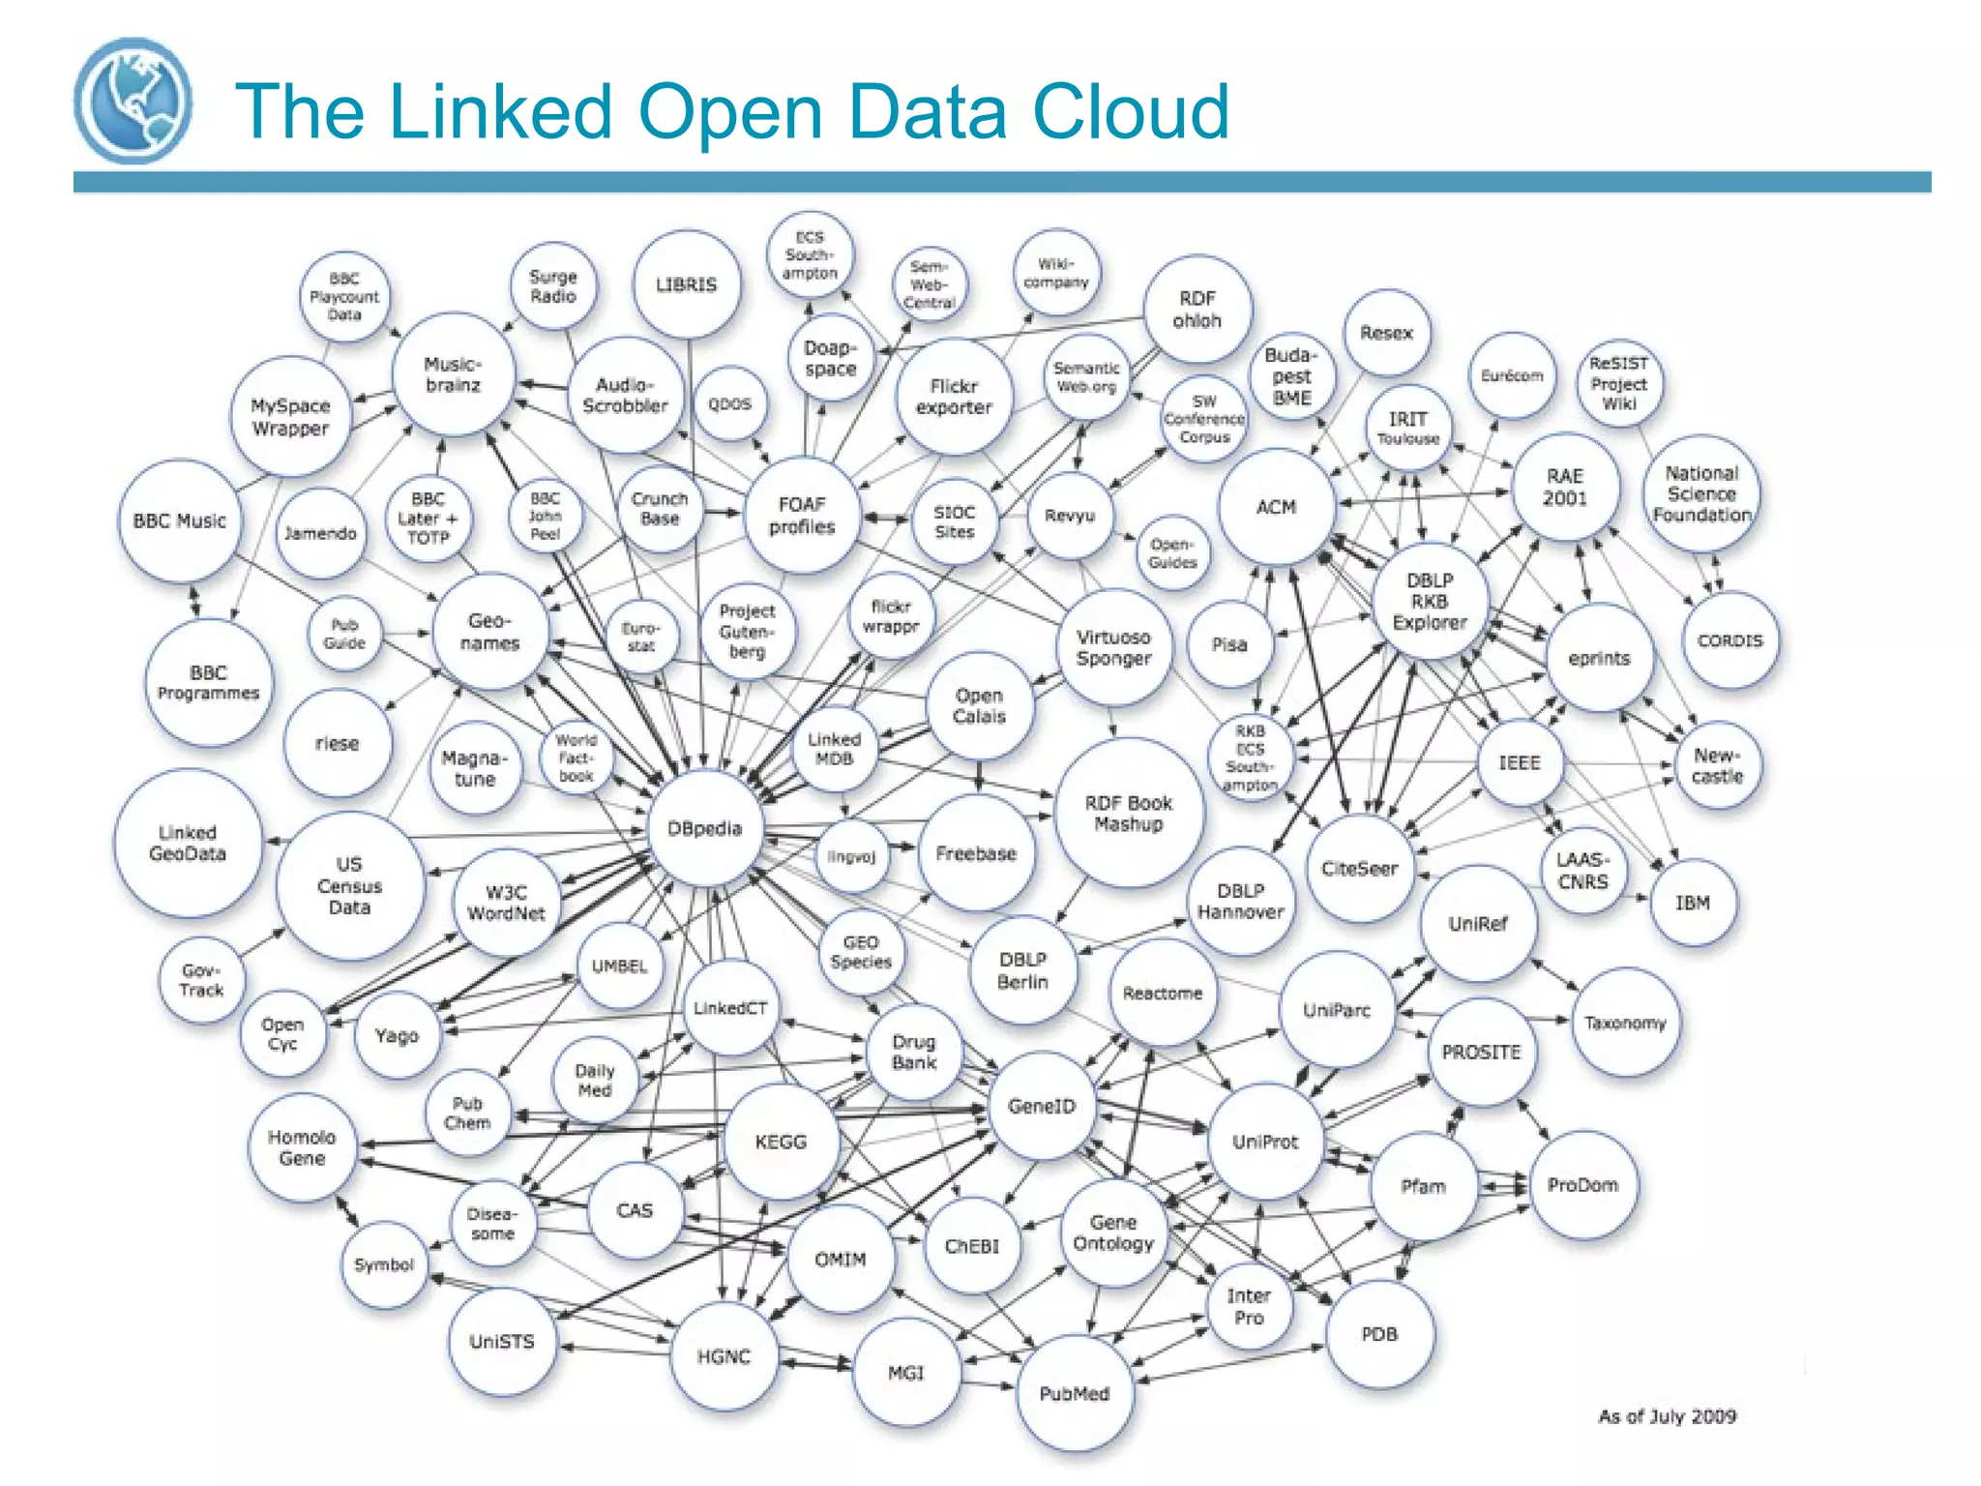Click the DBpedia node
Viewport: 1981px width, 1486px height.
705,829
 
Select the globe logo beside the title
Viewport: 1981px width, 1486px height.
133,101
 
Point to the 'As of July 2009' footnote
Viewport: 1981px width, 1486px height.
1667,1416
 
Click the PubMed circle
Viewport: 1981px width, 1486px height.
1074,1393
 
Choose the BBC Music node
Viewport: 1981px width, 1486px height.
179,521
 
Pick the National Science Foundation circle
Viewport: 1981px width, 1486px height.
1701,494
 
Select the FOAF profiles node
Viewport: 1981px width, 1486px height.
802,516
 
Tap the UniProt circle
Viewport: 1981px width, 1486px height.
1264,1142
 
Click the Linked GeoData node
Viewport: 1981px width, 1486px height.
188,844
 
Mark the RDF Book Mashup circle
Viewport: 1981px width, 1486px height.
1128,814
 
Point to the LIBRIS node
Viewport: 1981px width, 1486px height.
687,284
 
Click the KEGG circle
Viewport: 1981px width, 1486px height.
781,1142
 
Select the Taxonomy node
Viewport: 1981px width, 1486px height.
1625,1023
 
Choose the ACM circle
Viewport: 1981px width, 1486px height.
1276,508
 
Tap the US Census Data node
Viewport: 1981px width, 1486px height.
349,886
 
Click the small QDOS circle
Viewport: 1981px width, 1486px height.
729,403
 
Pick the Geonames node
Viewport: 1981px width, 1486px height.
489,633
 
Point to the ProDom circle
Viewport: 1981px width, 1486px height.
1582,1185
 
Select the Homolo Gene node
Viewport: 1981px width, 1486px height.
302,1148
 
